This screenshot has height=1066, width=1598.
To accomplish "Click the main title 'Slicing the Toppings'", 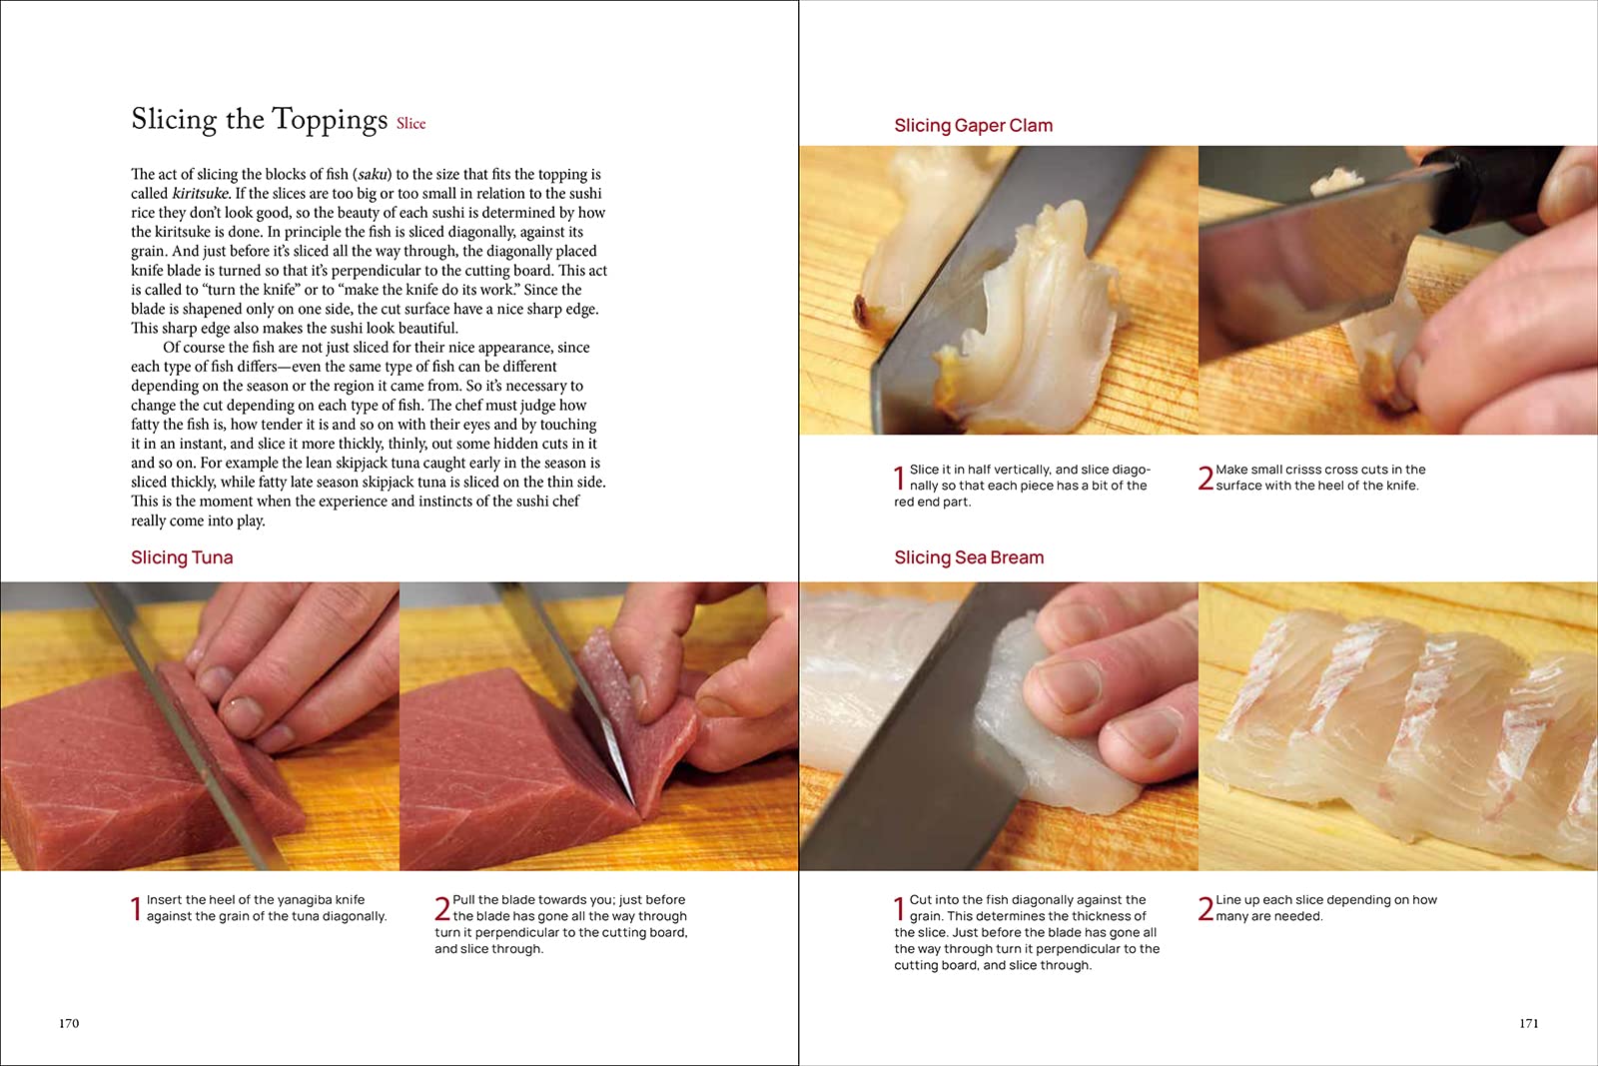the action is click(x=259, y=119).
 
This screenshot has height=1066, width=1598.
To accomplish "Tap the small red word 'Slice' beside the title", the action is click(x=410, y=124).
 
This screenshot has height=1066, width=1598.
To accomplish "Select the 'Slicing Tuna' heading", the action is click(x=182, y=557).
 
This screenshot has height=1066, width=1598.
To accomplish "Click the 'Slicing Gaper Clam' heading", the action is click(x=973, y=126).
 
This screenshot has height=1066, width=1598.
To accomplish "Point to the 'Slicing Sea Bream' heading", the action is click(x=969, y=557).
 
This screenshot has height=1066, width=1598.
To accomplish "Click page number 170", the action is click(x=69, y=1023).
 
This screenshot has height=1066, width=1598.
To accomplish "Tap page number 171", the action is click(x=1529, y=1023).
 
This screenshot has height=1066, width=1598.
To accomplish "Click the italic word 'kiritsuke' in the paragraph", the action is click(x=201, y=194).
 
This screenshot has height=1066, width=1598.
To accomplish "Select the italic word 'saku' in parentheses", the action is click(x=374, y=174).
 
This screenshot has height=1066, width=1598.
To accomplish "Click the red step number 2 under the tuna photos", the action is click(x=442, y=909).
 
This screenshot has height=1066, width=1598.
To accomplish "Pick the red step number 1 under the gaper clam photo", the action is click(x=900, y=479).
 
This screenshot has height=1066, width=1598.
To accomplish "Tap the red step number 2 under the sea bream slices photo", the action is click(x=1205, y=909).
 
